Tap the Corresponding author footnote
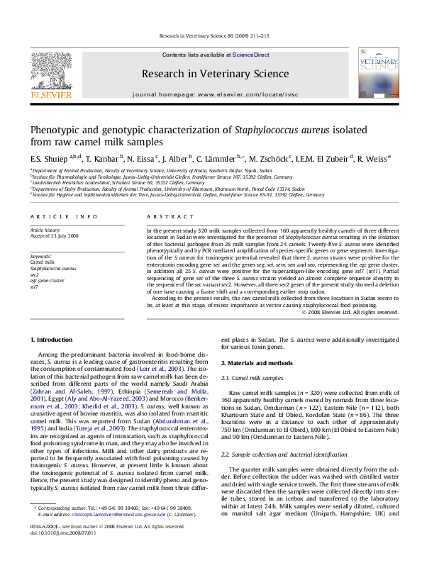113,528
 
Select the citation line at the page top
211,35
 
